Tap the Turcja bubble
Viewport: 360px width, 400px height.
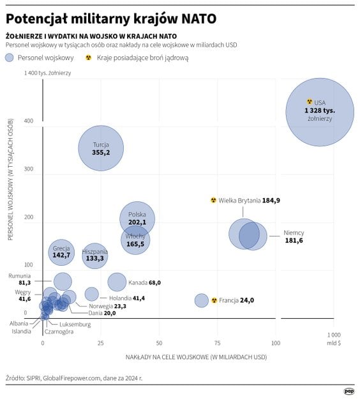(101, 148)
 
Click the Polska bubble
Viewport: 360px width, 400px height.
(137, 219)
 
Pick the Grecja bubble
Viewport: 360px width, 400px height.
(61, 252)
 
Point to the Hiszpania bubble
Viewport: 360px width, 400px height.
(94, 256)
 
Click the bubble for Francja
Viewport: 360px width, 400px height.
(202, 300)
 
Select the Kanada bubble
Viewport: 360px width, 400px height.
(117, 282)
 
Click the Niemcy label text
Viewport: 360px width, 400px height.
(294, 233)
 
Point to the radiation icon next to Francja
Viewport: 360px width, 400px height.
(214, 300)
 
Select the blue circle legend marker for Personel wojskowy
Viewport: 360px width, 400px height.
(10, 58)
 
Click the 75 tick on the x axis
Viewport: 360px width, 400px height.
(217, 342)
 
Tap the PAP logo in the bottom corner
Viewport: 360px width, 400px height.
(349, 391)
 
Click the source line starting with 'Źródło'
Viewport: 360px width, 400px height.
(74, 378)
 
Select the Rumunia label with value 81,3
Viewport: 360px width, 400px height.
(19, 279)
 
